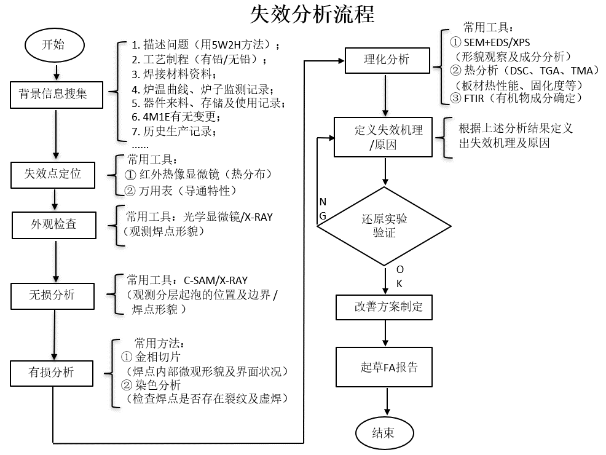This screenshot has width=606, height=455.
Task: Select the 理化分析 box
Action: (x=386, y=60)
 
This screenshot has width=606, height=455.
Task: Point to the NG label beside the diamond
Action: (x=323, y=209)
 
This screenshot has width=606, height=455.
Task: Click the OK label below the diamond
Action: (x=399, y=276)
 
